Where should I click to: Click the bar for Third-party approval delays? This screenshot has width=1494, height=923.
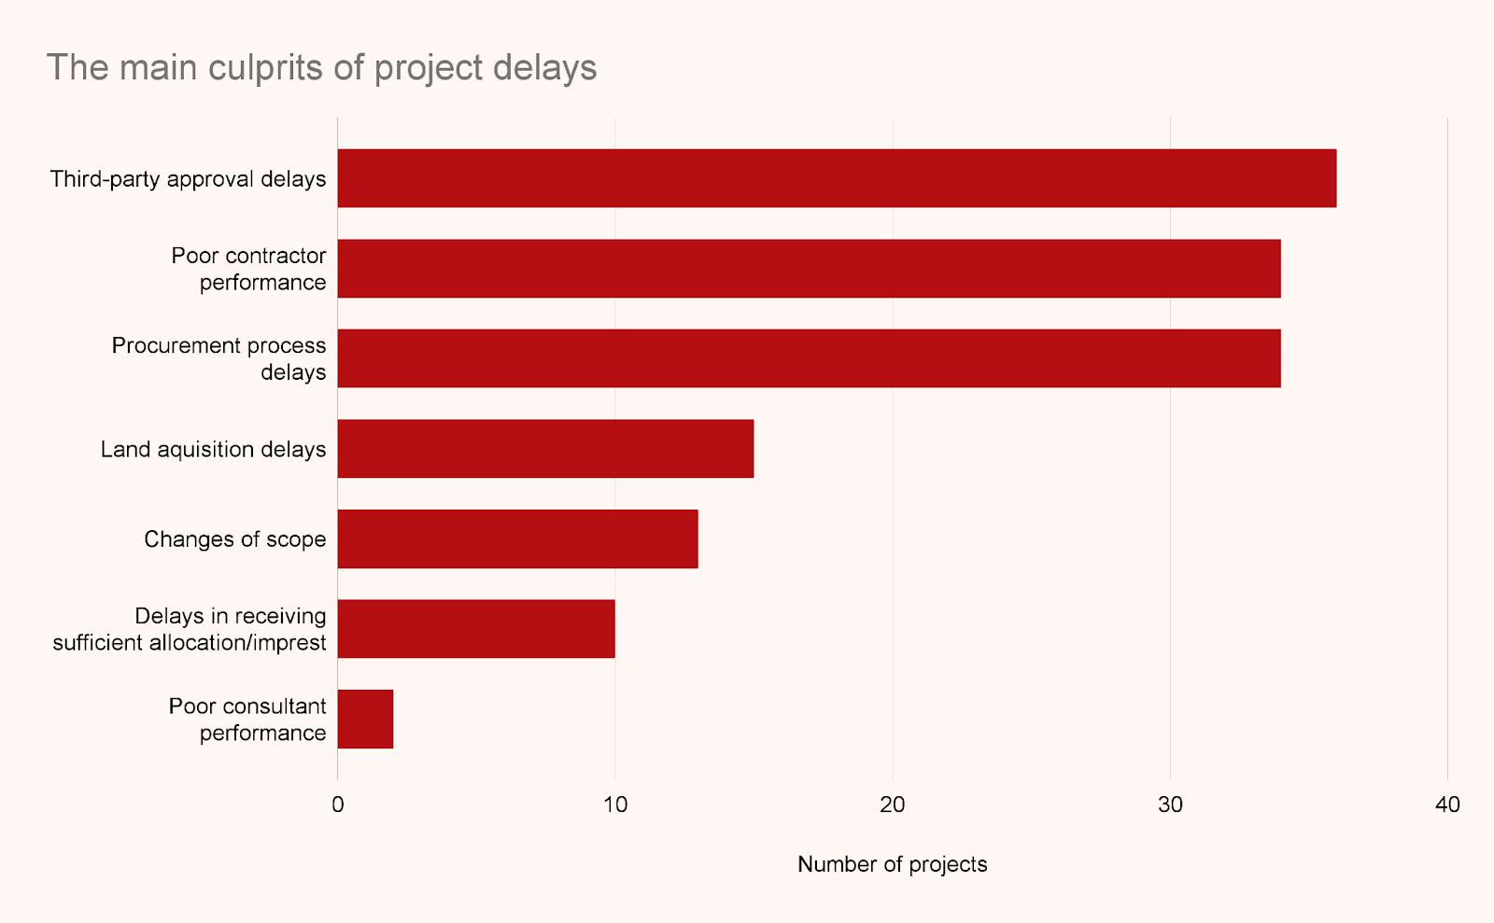coord(837,178)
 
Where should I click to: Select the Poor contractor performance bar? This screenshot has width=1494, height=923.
coord(809,269)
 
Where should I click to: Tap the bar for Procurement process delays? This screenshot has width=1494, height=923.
coord(809,358)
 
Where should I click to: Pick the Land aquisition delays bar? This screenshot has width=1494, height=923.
coord(545,449)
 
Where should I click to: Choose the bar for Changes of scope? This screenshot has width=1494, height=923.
coord(517,538)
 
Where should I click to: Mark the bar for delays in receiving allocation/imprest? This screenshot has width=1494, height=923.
coord(476,629)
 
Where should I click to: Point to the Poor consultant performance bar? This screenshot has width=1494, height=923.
coord(365,719)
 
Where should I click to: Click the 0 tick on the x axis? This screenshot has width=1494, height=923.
coord(338,804)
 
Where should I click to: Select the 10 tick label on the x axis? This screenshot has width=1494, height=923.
coord(614,804)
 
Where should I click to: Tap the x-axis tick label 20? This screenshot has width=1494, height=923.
coord(893,804)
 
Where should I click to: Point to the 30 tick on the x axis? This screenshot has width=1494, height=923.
coord(1170,804)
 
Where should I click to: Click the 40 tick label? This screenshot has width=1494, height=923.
coord(1447,804)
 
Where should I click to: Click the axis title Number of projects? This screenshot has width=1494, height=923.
coord(892,865)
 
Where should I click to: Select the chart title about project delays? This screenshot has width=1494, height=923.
coord(321,68)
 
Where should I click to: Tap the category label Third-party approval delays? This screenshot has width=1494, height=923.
coord(188,179)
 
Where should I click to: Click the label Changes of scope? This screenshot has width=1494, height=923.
coord(234,539)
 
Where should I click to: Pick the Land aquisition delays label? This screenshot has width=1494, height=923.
coord(213,450)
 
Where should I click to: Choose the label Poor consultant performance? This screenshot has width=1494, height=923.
coord(247,720)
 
